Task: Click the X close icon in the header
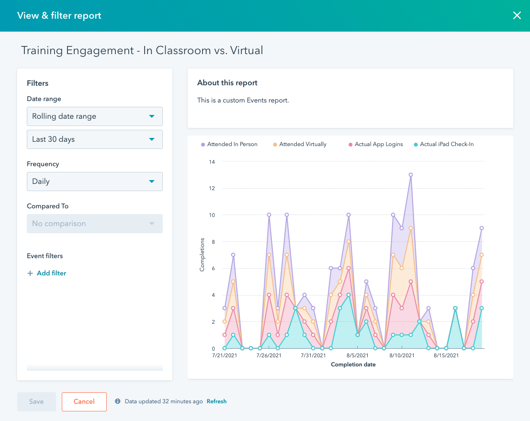(517, 16)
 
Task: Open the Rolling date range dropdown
(94, 116)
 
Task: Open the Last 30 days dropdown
(94, 139)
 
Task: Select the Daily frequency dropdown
(94, 182)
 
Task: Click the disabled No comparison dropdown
(94, 224)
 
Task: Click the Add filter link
(47, 273)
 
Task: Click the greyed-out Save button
(36, 402)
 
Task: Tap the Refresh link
(216, 401)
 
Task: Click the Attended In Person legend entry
(232, 144)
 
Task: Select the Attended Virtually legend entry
(302, 144)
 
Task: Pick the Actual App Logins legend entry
(378, 144)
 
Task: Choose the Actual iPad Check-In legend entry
(446, 144)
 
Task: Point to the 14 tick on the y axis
(212, 162)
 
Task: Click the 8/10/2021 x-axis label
(402, 355)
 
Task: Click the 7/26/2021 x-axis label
(269, 355)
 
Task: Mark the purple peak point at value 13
(411, 175)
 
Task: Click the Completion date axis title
(353, 364)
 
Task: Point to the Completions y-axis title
(202, 254)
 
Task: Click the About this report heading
(227, 83)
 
